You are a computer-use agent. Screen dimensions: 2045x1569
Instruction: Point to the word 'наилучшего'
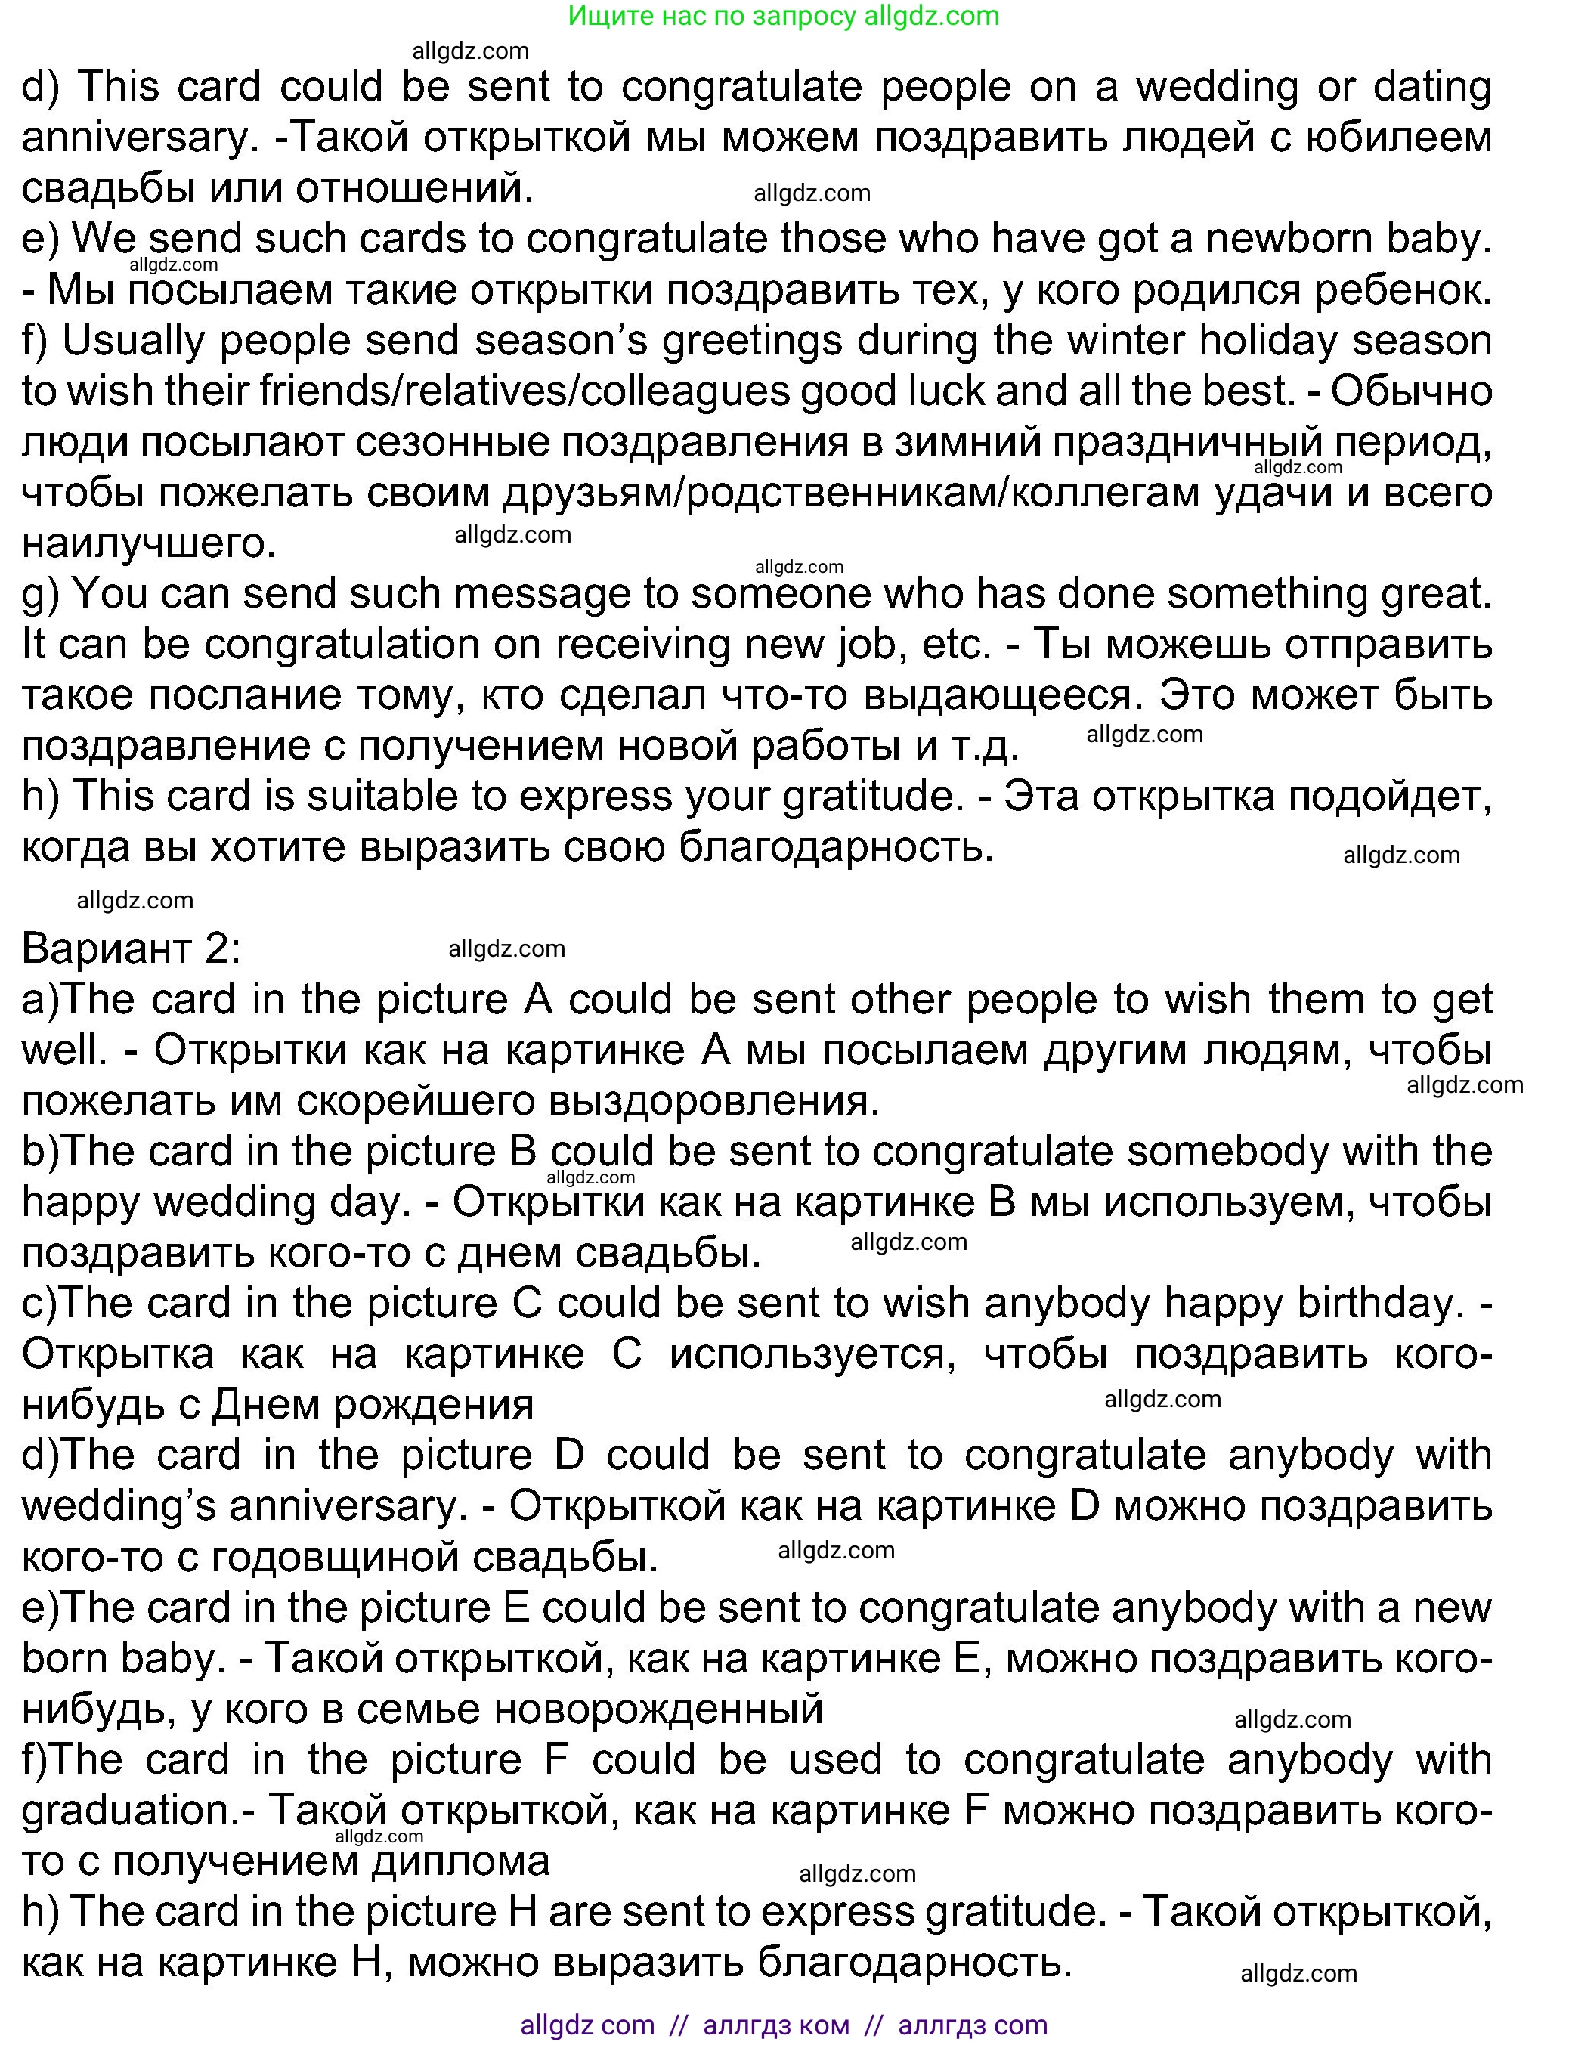tap(148, 543)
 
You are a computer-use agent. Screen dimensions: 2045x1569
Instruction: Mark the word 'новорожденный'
tap(658, 1709)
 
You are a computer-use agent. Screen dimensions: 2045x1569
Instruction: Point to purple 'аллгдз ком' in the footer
tap(776, 2025)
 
